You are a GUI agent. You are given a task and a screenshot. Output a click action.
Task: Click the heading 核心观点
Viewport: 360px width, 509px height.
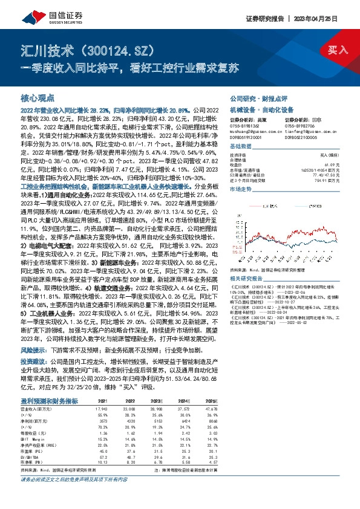[38, 97]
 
